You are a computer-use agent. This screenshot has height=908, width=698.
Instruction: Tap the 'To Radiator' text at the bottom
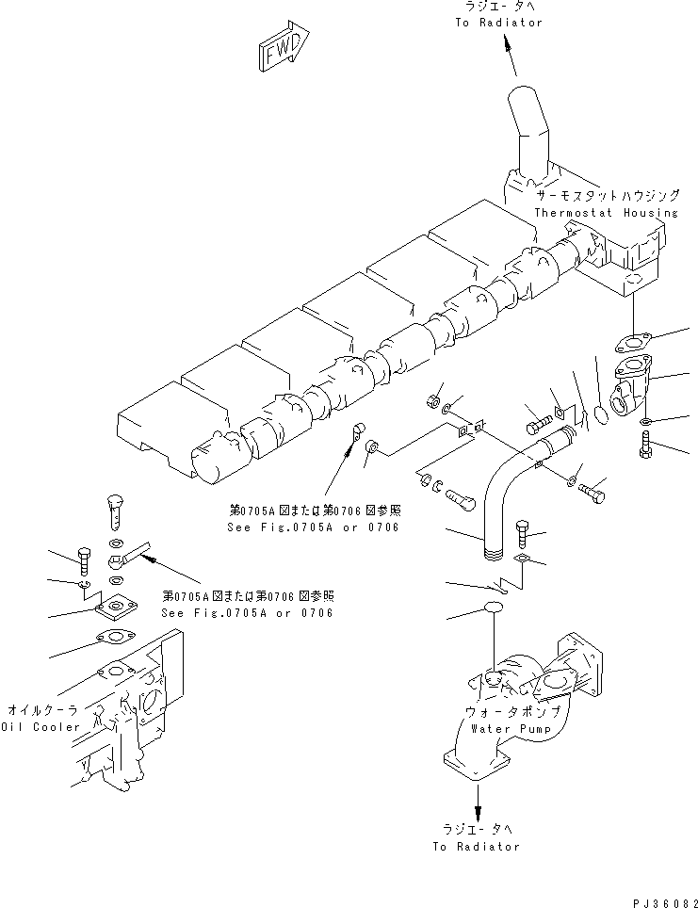pos(476,846)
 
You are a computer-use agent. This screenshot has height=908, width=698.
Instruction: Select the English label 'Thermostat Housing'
pos(605,213)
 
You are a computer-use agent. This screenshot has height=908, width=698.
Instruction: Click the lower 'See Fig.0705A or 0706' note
pos(247,612)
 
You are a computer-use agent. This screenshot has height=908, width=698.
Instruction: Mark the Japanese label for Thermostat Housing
pos(607,197)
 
